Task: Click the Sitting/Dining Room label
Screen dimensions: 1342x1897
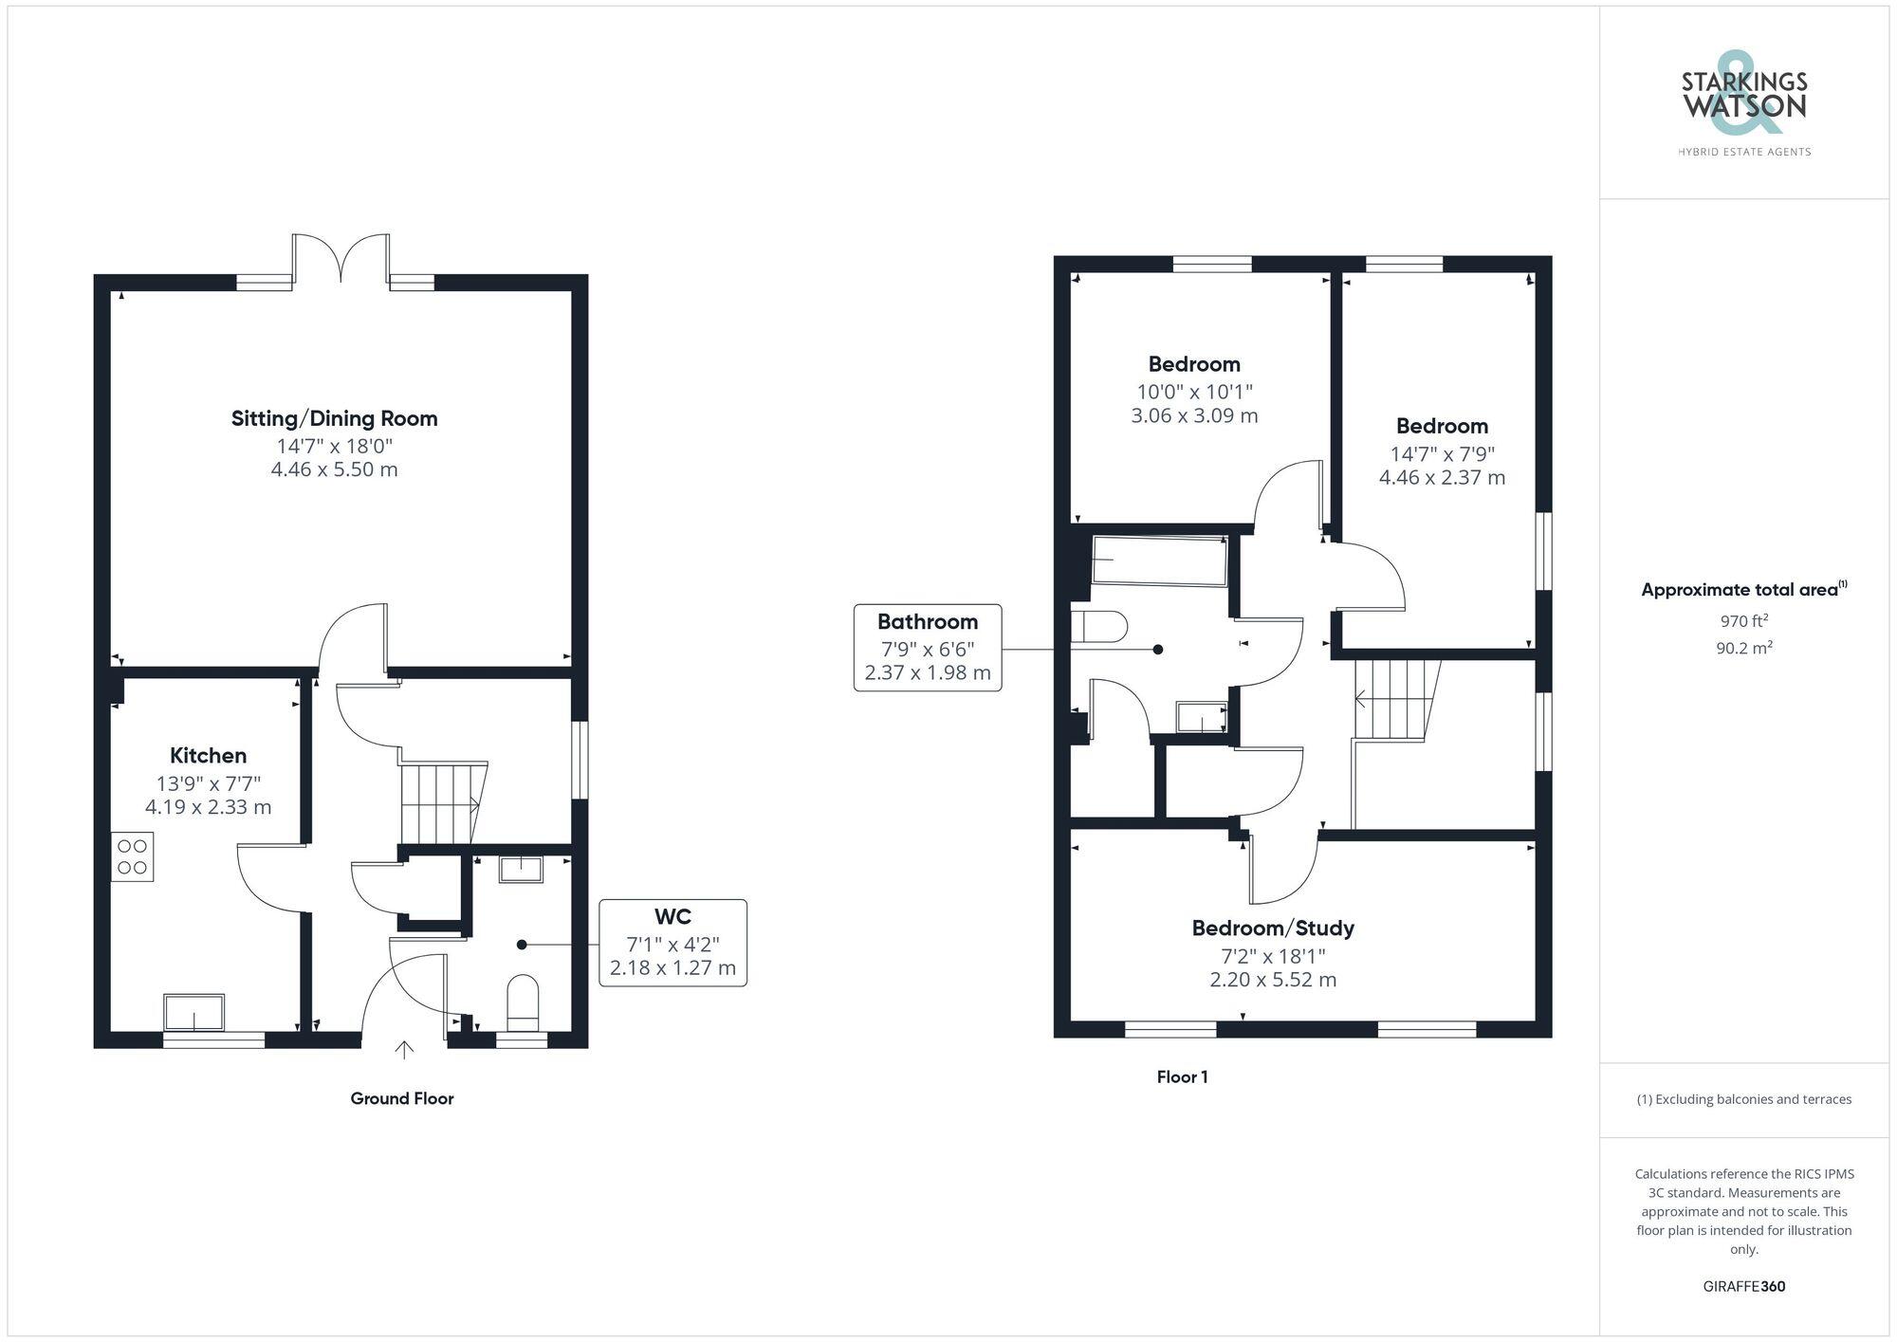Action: (334, 418)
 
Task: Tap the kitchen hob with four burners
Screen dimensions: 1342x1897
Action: (132, 856)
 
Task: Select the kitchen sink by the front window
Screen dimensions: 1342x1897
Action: (194, 1012)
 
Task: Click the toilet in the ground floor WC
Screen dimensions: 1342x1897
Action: (524, 1003)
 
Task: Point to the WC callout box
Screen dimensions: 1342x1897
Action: (672, 943)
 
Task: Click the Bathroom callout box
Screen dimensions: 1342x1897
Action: (927, 648)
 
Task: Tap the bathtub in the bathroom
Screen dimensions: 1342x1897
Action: (1159, 561)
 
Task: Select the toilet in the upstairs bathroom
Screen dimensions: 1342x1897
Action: (1098, 627)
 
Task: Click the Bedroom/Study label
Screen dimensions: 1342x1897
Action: (1273, 928)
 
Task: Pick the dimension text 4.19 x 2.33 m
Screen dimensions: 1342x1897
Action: (208, 807)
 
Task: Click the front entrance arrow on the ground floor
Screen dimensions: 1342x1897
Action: (404, 1049)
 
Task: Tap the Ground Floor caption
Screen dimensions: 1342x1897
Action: (402, 1098)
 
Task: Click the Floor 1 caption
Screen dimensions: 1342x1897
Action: (1182, 1076)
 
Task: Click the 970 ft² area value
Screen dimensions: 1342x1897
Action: (1743, 622)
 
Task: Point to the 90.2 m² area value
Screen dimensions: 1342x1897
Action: (1743, 649)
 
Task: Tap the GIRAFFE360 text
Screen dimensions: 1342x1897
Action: (1743, 1286)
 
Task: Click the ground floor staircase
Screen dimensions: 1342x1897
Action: (440, 802)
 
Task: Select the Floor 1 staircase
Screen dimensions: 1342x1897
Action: (1392, 700)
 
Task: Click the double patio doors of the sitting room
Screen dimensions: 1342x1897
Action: (340, 258)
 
